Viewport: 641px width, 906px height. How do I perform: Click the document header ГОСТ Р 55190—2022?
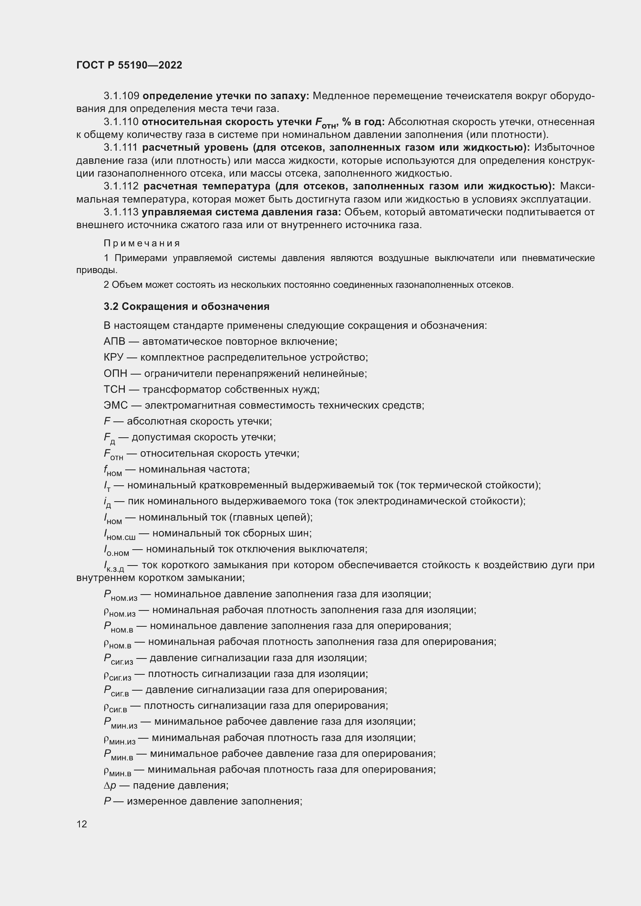pos(129,65)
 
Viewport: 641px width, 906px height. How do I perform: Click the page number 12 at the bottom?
pos(82,824)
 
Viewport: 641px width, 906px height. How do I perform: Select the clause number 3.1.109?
pos(121,96)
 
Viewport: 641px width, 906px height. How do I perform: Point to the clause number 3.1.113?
pos(121,212)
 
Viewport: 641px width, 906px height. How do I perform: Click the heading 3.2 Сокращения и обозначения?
pos(186,307)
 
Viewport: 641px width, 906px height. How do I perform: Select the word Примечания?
pos(142,244)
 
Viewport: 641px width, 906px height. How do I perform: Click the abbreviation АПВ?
pos(114,341)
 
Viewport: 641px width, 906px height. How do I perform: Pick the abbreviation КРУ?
pos(114,358)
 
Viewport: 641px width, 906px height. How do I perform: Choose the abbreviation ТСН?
pos(114,389)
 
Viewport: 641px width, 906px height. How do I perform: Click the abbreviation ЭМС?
pos(115,406)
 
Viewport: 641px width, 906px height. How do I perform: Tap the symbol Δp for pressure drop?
pos(110,785)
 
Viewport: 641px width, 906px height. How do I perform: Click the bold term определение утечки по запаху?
pos(226,96)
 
